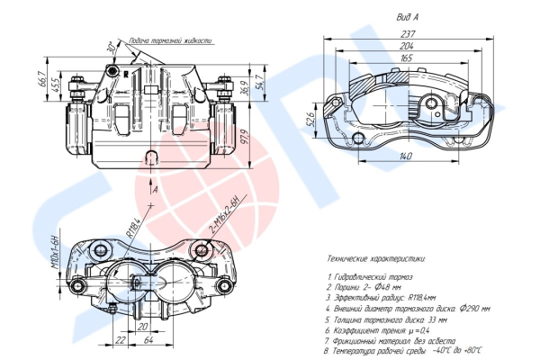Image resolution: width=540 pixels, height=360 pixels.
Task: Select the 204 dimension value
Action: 409,47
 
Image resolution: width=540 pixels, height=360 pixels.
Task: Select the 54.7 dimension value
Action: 260,83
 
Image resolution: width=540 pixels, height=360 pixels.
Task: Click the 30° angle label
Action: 110,47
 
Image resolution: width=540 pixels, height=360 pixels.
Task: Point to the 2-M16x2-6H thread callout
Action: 226,213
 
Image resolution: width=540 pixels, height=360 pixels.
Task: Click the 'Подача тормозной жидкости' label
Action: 171,41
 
